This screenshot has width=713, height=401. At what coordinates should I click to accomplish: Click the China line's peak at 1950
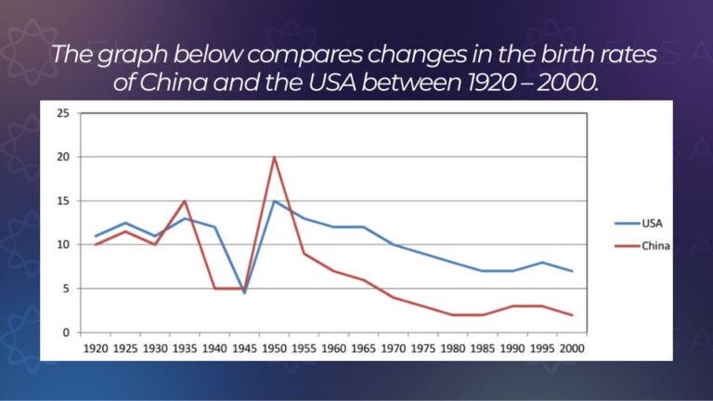point(274,157)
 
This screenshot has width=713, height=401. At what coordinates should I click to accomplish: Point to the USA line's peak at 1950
point(274,200)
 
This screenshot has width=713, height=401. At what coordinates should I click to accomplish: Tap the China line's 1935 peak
point(185,200)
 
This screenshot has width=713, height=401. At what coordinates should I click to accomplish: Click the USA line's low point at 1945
point(244,292)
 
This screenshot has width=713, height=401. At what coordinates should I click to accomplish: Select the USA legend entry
point(639,223)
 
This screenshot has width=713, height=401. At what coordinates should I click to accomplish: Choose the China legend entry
point(642,246)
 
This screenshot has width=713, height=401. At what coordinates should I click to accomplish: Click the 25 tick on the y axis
point(63,113)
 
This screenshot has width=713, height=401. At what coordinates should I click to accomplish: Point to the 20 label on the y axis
point(63,157)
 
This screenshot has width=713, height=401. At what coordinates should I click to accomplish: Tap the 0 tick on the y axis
point(67,333)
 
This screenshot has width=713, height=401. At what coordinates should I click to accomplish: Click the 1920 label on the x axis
point(96,349)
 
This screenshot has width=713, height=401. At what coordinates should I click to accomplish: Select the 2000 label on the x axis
point(572,349)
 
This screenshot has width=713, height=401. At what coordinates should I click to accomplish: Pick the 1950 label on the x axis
point(274,349)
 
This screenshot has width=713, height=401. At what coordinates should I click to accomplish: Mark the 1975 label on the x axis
point(423,349)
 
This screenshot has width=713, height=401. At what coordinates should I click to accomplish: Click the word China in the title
point(174,83)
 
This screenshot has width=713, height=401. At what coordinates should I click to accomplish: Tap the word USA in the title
point(332,83)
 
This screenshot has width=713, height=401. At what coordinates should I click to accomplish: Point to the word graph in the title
point(133,56)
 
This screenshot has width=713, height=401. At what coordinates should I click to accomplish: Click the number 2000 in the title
point(566,83)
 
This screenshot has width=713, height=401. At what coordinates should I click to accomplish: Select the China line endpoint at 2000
point(572,315)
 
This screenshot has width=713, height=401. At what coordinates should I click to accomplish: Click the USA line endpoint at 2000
point(572,271)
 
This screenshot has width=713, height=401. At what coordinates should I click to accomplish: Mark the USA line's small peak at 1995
point(542,263)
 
